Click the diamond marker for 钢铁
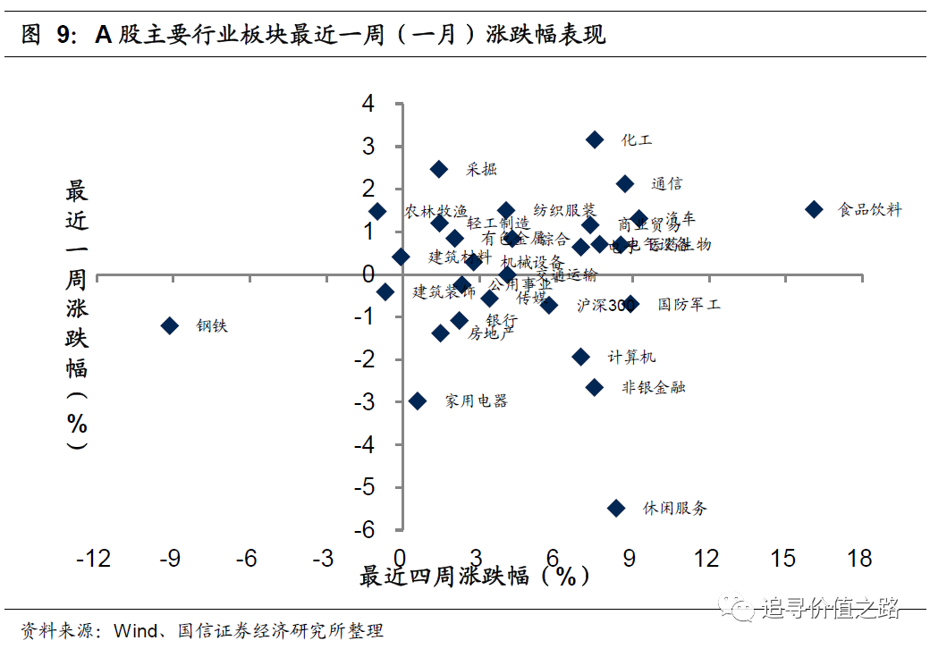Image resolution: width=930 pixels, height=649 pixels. tap(170, 325)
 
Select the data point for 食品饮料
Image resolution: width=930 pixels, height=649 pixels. tap(814, 209)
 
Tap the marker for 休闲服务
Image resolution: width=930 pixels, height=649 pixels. tap(616, 508)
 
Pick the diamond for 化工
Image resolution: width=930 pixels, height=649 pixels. tap(595, 139)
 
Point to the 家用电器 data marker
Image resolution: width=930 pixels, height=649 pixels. tap(418, 400)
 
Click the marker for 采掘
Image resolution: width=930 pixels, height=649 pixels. tap(439, 169)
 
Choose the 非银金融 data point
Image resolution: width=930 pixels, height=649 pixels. tap(595, 387)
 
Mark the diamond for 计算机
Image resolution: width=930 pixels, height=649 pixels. tap(581, 357)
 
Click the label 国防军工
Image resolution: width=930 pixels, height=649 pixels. tap(689, 305)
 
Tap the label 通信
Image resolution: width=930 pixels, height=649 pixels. tap(666, 184)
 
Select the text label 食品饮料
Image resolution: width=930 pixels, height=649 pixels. tap(869, 210)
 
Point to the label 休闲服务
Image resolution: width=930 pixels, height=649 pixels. tap(674, 509)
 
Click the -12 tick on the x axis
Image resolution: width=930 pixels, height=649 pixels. tap(93, 559)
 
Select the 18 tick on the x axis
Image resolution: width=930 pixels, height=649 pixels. tap(859, 559)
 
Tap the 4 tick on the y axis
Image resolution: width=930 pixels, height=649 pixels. tap(368, 104)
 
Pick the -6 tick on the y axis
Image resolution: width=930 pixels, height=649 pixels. tap(364, 530)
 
